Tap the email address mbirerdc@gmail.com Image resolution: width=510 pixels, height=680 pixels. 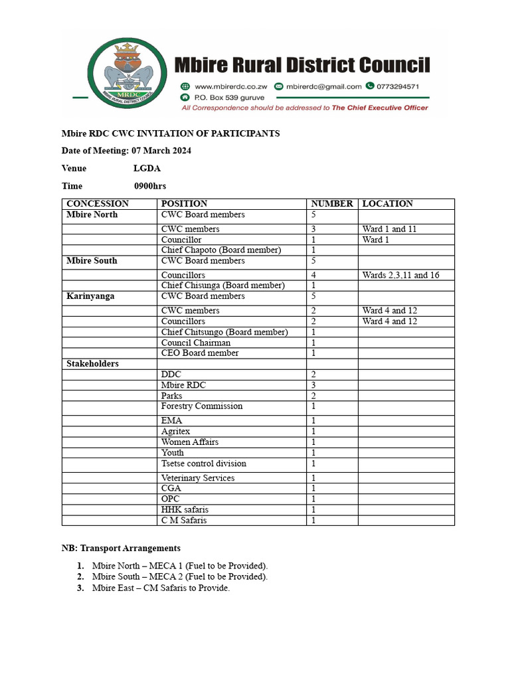pos(324,86)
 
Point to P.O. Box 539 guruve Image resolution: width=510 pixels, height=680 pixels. pos(230,97)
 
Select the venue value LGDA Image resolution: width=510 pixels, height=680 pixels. pos(147,169)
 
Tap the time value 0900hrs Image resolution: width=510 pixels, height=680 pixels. pos(149,186)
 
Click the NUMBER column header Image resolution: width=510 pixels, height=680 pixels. pos(332,204)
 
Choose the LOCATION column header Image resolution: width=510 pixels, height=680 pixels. pos(388,204)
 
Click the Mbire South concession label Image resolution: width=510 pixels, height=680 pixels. pos(92,261)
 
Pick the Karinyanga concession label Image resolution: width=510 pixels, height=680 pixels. pos(90,296)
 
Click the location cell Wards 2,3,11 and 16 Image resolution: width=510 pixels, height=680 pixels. pos(400,275)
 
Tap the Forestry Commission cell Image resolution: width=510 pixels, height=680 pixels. pos(202,406)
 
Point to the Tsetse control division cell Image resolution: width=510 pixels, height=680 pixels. pos(203,464)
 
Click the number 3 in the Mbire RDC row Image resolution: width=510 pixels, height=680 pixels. pos(313,385)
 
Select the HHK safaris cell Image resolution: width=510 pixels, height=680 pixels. pos(185,510)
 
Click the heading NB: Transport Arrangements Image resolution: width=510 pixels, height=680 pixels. pos(121,549)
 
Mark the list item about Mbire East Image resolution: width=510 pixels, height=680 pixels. pos(161,588)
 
